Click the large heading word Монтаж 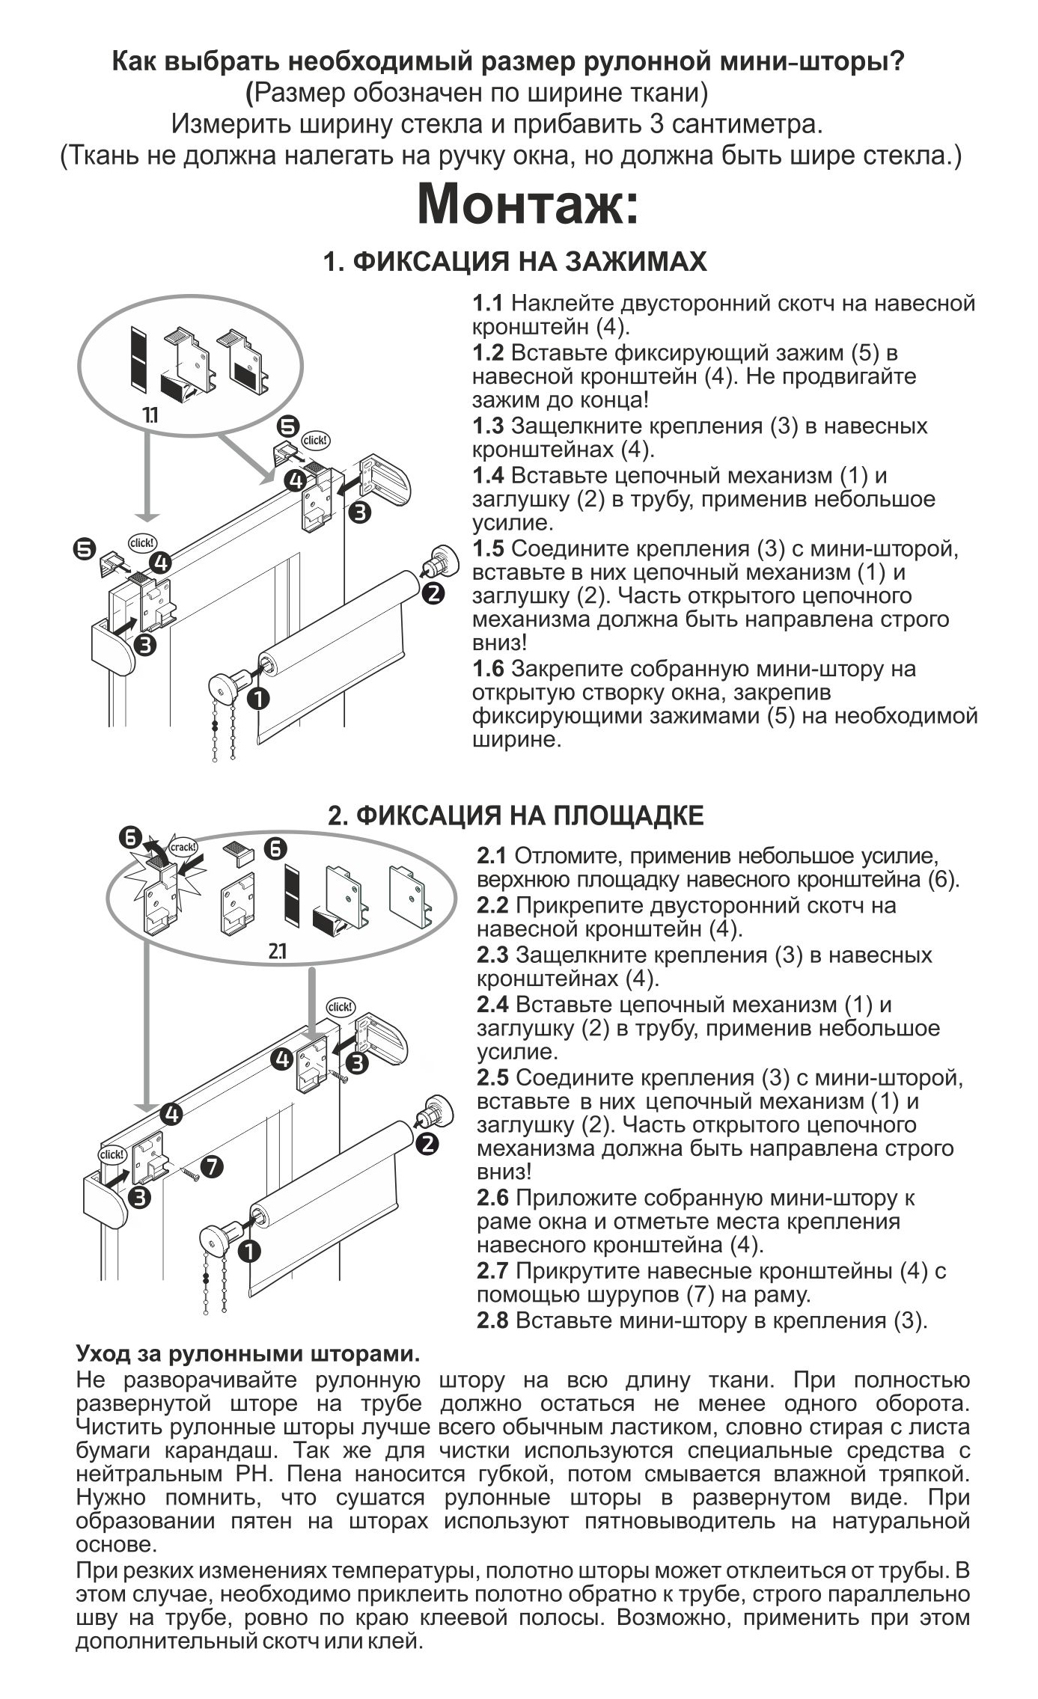click(528, 203)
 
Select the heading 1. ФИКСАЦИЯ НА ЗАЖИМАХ click(515, 262)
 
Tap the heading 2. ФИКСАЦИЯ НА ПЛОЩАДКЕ click(516, 815)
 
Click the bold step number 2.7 click(492, 1270)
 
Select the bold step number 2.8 click(492, 1320)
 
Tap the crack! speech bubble click(183, 847)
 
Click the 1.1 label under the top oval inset click(150, 415)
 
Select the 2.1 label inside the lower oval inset click(277, 952)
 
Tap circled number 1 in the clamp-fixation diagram click(258, 698)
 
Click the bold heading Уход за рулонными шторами click(248, 1353)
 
